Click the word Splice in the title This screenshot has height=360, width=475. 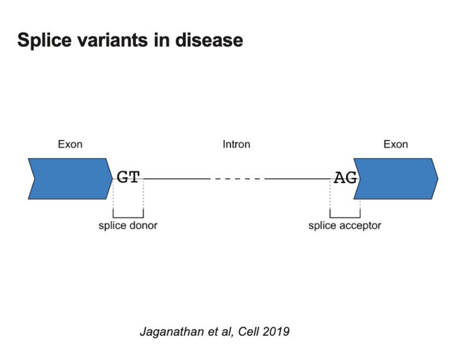(x=43, y=40)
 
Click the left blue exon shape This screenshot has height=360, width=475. (x=69, y=179)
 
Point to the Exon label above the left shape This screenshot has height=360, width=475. (x=70, y=144)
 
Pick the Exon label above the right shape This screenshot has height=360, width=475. (x=396, y=144)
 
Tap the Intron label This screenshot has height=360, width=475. (x=236, y=144)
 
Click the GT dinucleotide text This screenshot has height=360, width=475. (x=128, y=178)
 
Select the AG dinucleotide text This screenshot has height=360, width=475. (x=345, y=178)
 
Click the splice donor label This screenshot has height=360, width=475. (x=128, y=225)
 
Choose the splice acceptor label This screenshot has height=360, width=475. (x=345, y=225)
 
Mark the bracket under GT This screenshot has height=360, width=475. (x=128, y=216)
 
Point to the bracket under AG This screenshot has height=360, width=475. (x=345, y=216)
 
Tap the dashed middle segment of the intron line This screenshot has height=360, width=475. (x=237, y=178)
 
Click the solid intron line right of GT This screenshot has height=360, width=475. (x=176, y=178)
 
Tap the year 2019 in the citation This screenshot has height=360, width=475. (x=276, y=332)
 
